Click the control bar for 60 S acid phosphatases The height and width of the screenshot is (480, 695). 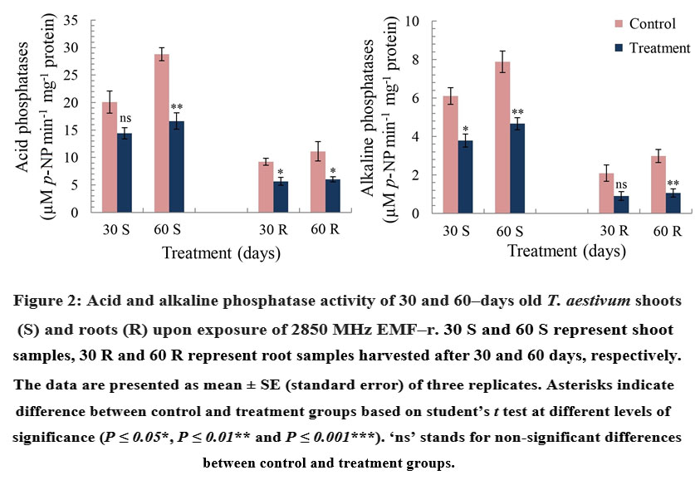(x=163, y=133)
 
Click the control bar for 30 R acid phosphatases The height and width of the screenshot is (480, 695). (x=265, y=187)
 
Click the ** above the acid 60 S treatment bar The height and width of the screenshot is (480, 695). (x=177, y=107)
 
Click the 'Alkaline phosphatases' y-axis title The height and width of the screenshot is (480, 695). (x=372, y=116)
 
